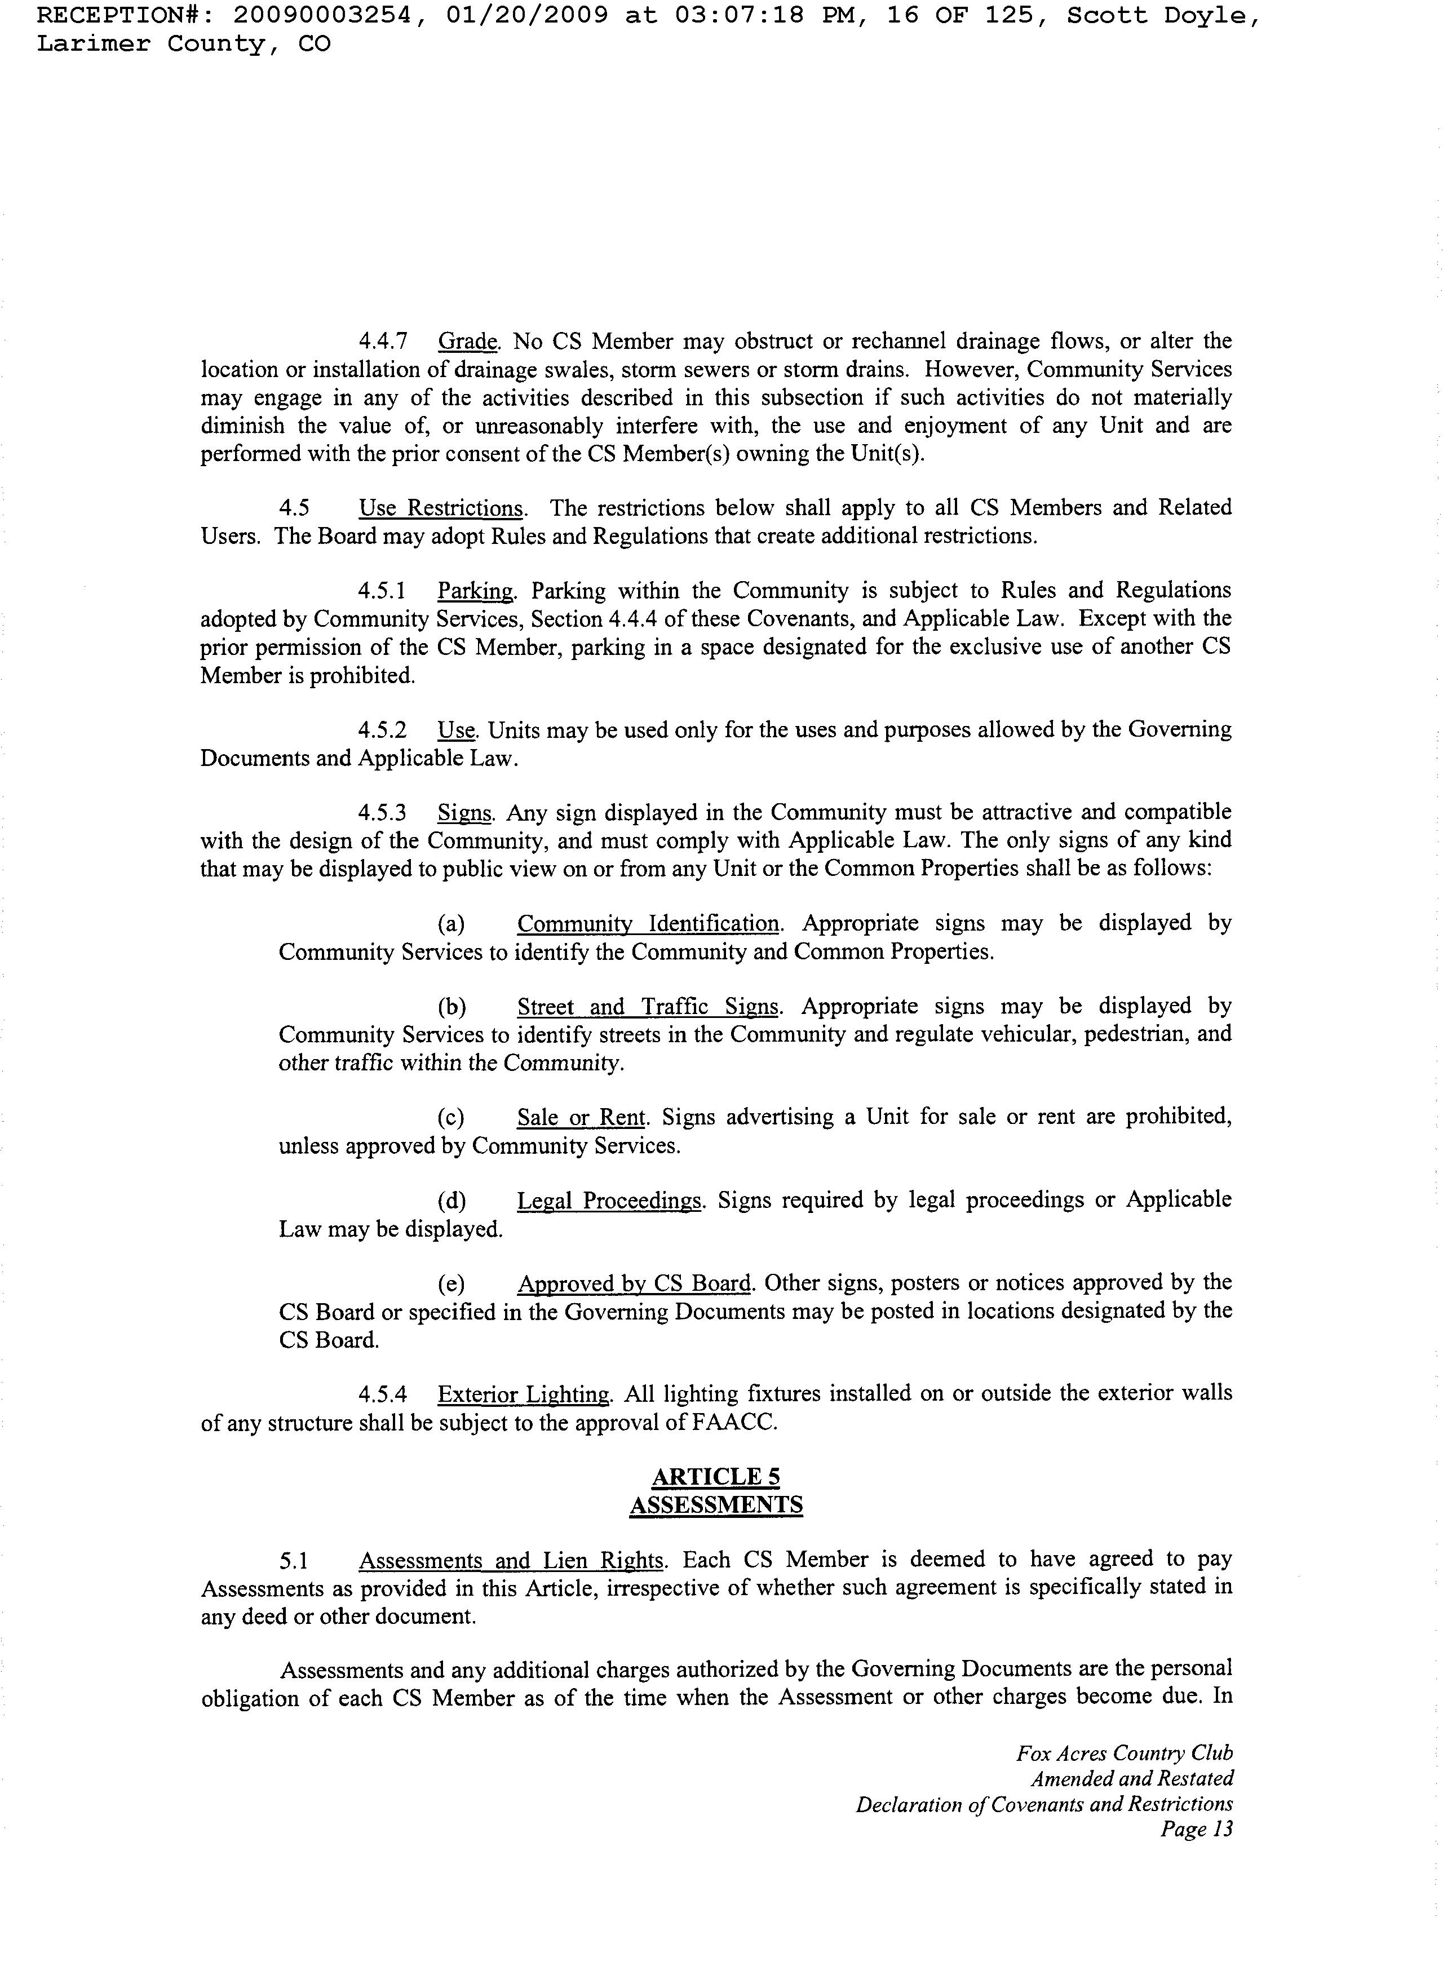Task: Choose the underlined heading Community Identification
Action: [648, 924]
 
